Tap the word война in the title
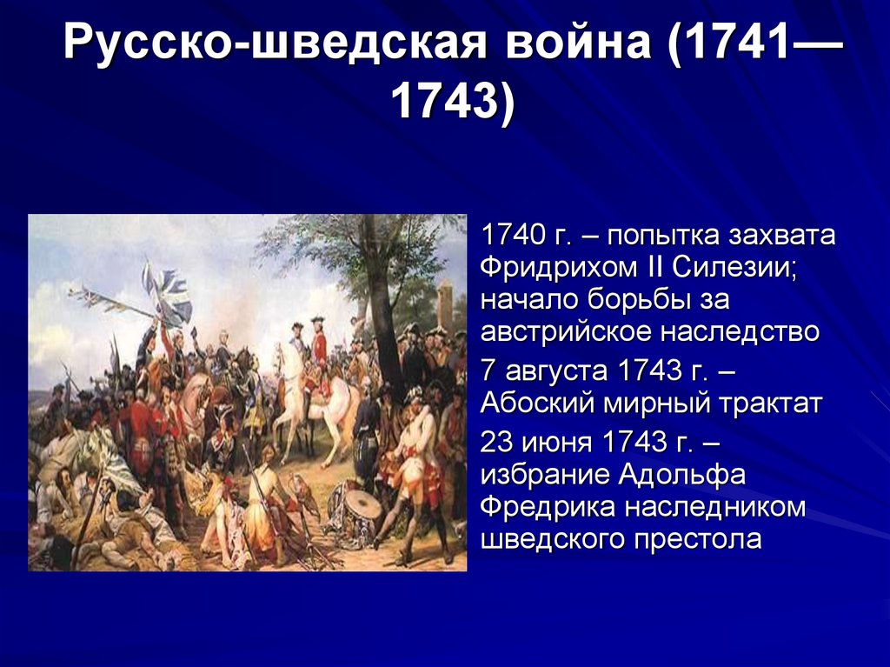(578, 42)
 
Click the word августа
(556, 371)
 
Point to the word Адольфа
(681, 475)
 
